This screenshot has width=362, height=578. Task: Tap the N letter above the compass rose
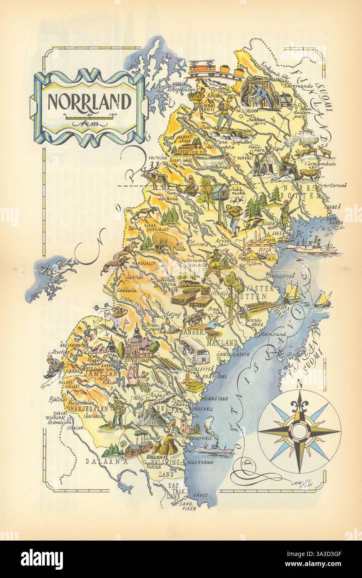click(298, 383)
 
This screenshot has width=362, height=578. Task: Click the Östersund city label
click(140, 358)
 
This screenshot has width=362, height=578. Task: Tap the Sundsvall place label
click(201, 409)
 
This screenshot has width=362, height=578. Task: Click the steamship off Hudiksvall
click(212, 448)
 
